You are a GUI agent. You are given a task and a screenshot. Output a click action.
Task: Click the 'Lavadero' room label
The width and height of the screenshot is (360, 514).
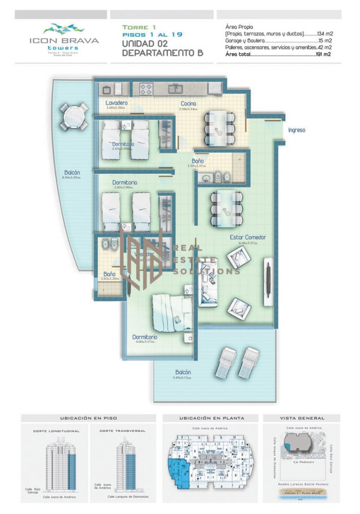(116, 103)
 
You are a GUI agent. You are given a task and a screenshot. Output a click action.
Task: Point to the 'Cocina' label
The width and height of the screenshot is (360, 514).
(189, 104)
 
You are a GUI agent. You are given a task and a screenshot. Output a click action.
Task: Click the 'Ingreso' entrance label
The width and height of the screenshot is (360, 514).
(296, 130)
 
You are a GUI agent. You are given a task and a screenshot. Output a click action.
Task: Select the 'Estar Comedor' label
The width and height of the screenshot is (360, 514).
(248, 237)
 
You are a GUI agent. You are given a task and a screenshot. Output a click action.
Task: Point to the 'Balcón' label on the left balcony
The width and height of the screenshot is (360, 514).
(72, 172)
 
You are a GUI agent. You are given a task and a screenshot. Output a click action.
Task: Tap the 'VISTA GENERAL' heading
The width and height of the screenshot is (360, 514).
(302, 418)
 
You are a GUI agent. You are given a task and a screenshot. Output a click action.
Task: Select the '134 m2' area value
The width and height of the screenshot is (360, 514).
(323, 34)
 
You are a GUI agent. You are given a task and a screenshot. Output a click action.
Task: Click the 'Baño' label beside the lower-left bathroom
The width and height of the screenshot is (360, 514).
(109, 274)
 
